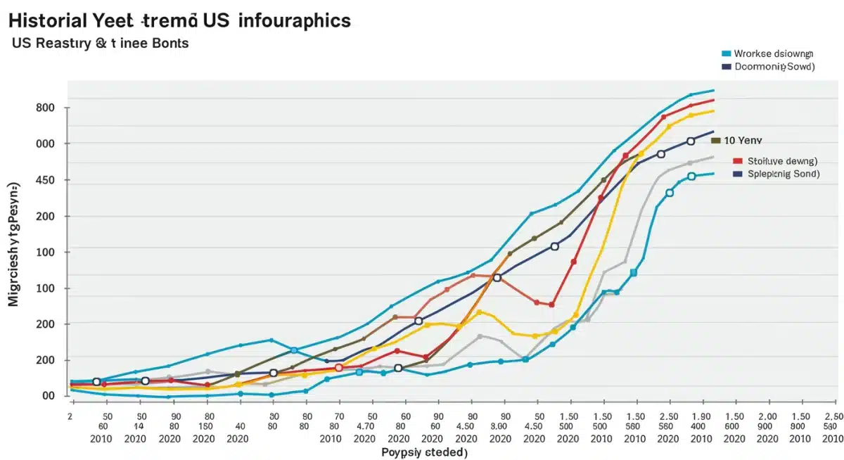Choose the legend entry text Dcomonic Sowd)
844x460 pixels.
pyautogui.click(x=774, y=67)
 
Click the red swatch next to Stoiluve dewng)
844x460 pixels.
pyautogui.click(x=737, y=160)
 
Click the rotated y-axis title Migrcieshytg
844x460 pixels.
pyautogui.click(x=13, y=243)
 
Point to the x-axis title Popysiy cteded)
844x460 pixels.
pyautogui.click(x=424, y=452)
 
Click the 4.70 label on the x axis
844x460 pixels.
pyautogui.click(x=364, y=426)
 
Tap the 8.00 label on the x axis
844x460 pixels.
pyautogui.click(x=499, y=426)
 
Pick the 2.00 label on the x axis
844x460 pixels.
pyautogui.click(x=767, y=416)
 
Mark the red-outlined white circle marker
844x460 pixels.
pyautogui.click(x=339, y=368)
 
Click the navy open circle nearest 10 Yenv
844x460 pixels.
pyautogui.click(x=691, y=141)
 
